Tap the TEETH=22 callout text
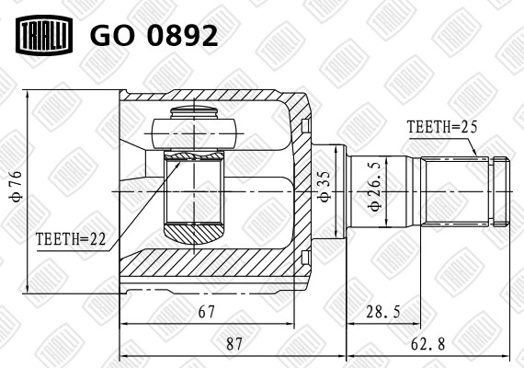pyautogui.click(x=71, y=238)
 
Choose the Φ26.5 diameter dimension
pyautogui.click(x=374, y=190)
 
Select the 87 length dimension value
pyautogui.click(x=234, y=343)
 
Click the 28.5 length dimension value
pyautogui.click(x=382, y=312)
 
